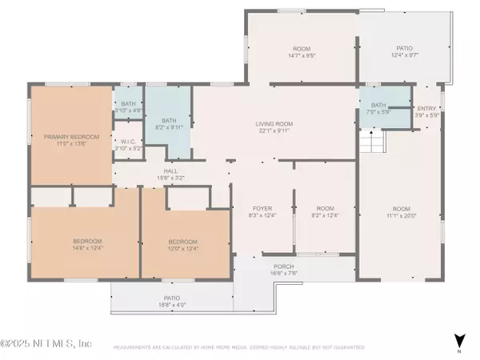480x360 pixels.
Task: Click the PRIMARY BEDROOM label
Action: point(71,137)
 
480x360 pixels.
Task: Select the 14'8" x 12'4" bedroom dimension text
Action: point(87,248)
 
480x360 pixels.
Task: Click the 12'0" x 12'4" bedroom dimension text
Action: point(182,248)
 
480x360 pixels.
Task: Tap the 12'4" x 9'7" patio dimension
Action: point(405,55)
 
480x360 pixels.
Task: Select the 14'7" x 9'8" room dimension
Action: point(300,55)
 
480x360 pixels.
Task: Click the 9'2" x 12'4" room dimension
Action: point(324,214)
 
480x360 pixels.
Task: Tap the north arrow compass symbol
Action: point(458,341)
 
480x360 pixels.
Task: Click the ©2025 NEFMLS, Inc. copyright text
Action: point(46,343)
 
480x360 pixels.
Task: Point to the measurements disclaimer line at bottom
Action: point(240,348)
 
